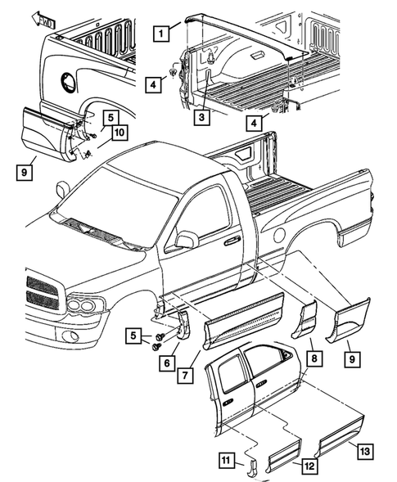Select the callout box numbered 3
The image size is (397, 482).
[x=200, y=117]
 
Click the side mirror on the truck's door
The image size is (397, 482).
[x=186, y=240]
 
